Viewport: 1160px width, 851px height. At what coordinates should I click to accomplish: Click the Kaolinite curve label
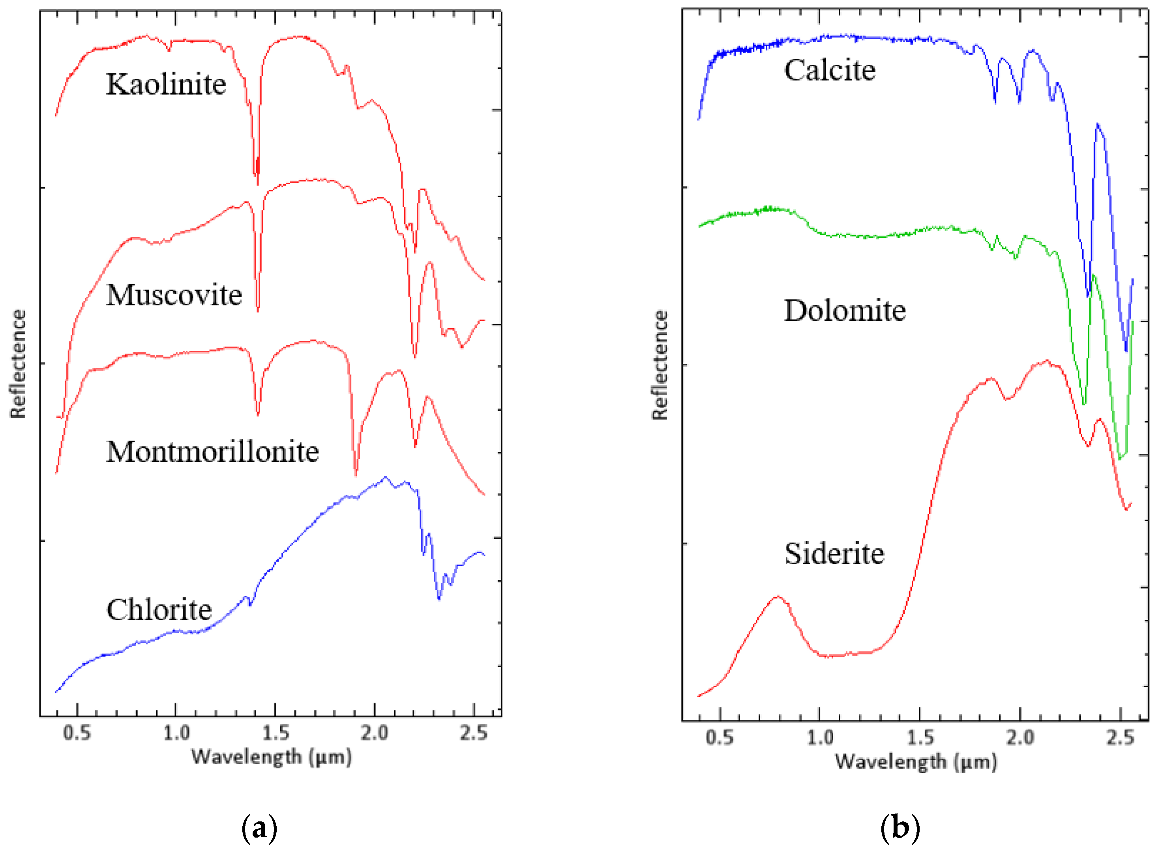pos(166,84)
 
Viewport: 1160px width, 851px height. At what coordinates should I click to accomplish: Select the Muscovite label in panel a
pos(174,295)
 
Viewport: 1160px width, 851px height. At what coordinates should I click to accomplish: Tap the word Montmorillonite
pos(212,452)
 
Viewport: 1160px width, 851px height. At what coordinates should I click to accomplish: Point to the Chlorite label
pos(159,610)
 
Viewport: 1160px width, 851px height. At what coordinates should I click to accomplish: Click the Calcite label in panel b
pos(829,70)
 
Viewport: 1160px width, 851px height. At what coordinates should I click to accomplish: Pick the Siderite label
pos(834,554)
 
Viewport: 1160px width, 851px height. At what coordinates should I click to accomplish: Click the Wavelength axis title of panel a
pos(272,757)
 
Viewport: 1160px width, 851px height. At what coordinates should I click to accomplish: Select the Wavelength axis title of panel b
pos(916,762)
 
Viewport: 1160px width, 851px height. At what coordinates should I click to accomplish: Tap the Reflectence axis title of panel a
pos(18,364)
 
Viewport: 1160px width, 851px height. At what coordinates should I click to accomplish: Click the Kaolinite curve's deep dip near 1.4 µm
pos(257,180)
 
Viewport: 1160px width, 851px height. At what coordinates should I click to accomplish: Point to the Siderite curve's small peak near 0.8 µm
pos(778,597)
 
